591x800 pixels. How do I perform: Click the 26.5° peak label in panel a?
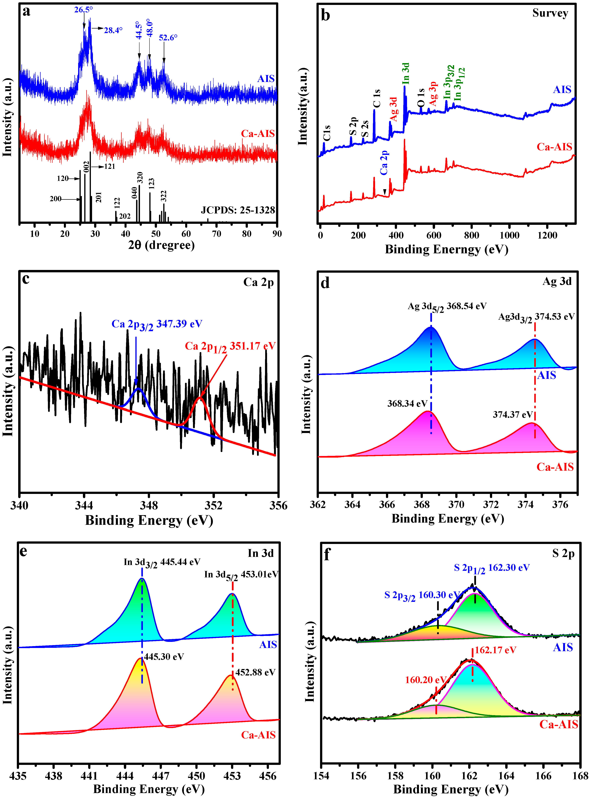(83, 10)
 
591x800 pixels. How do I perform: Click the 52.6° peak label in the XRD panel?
(168, 37)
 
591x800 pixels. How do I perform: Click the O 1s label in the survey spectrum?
(421, 98)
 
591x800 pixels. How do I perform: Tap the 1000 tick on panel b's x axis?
(509, 236)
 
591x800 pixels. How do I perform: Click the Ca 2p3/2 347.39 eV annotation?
(157, 324)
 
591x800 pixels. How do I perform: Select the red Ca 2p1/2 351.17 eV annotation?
(230, 347)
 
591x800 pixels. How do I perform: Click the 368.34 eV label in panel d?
(407, 404)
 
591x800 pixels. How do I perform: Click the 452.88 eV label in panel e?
(255, 672)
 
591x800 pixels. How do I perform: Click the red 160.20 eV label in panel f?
(425, 680)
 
